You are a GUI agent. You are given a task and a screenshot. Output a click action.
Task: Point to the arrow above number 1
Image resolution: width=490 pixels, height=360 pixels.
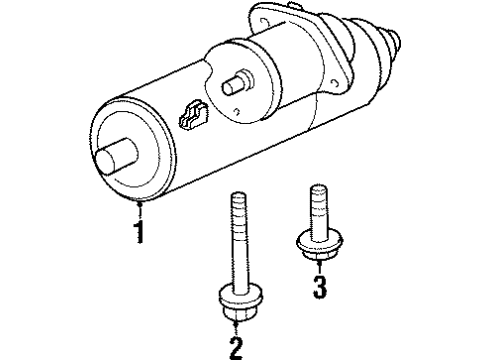pyautogui.click(x=141, y=208)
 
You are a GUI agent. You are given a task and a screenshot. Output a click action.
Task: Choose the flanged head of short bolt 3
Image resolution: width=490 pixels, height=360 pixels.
pyautogui.click(x=314, y=244)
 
